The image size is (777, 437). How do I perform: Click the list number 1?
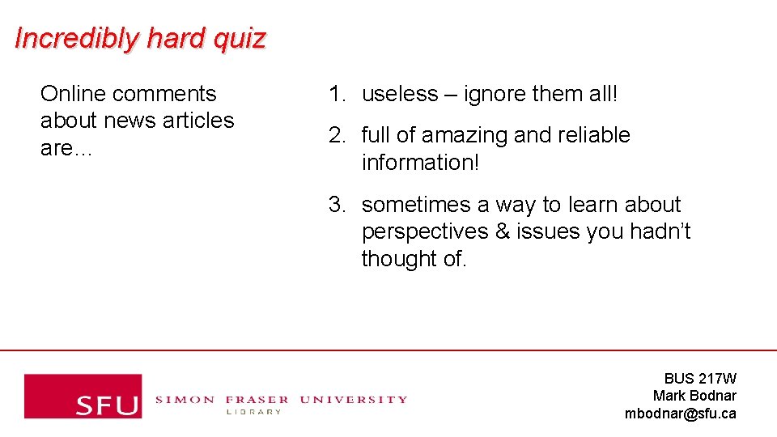click(x=336, y=94)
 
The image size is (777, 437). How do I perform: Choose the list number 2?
click(x=336, y=135)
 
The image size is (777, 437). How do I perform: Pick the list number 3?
click(x=336, y=205)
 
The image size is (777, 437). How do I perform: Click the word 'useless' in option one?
click(x=400, y=94)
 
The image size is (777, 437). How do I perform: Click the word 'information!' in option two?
click(x=420, y=162)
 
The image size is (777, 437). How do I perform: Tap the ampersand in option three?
click(x=502, y=232)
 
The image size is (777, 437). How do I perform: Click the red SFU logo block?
click(x=83, y=396)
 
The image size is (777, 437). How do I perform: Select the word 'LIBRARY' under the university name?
click(x=253, y=412)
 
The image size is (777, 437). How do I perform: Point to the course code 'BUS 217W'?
click(x=700, y=378)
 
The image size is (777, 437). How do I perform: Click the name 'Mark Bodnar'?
click(x=694, y=396)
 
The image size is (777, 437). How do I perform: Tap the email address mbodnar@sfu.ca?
click(x=680, y=414)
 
